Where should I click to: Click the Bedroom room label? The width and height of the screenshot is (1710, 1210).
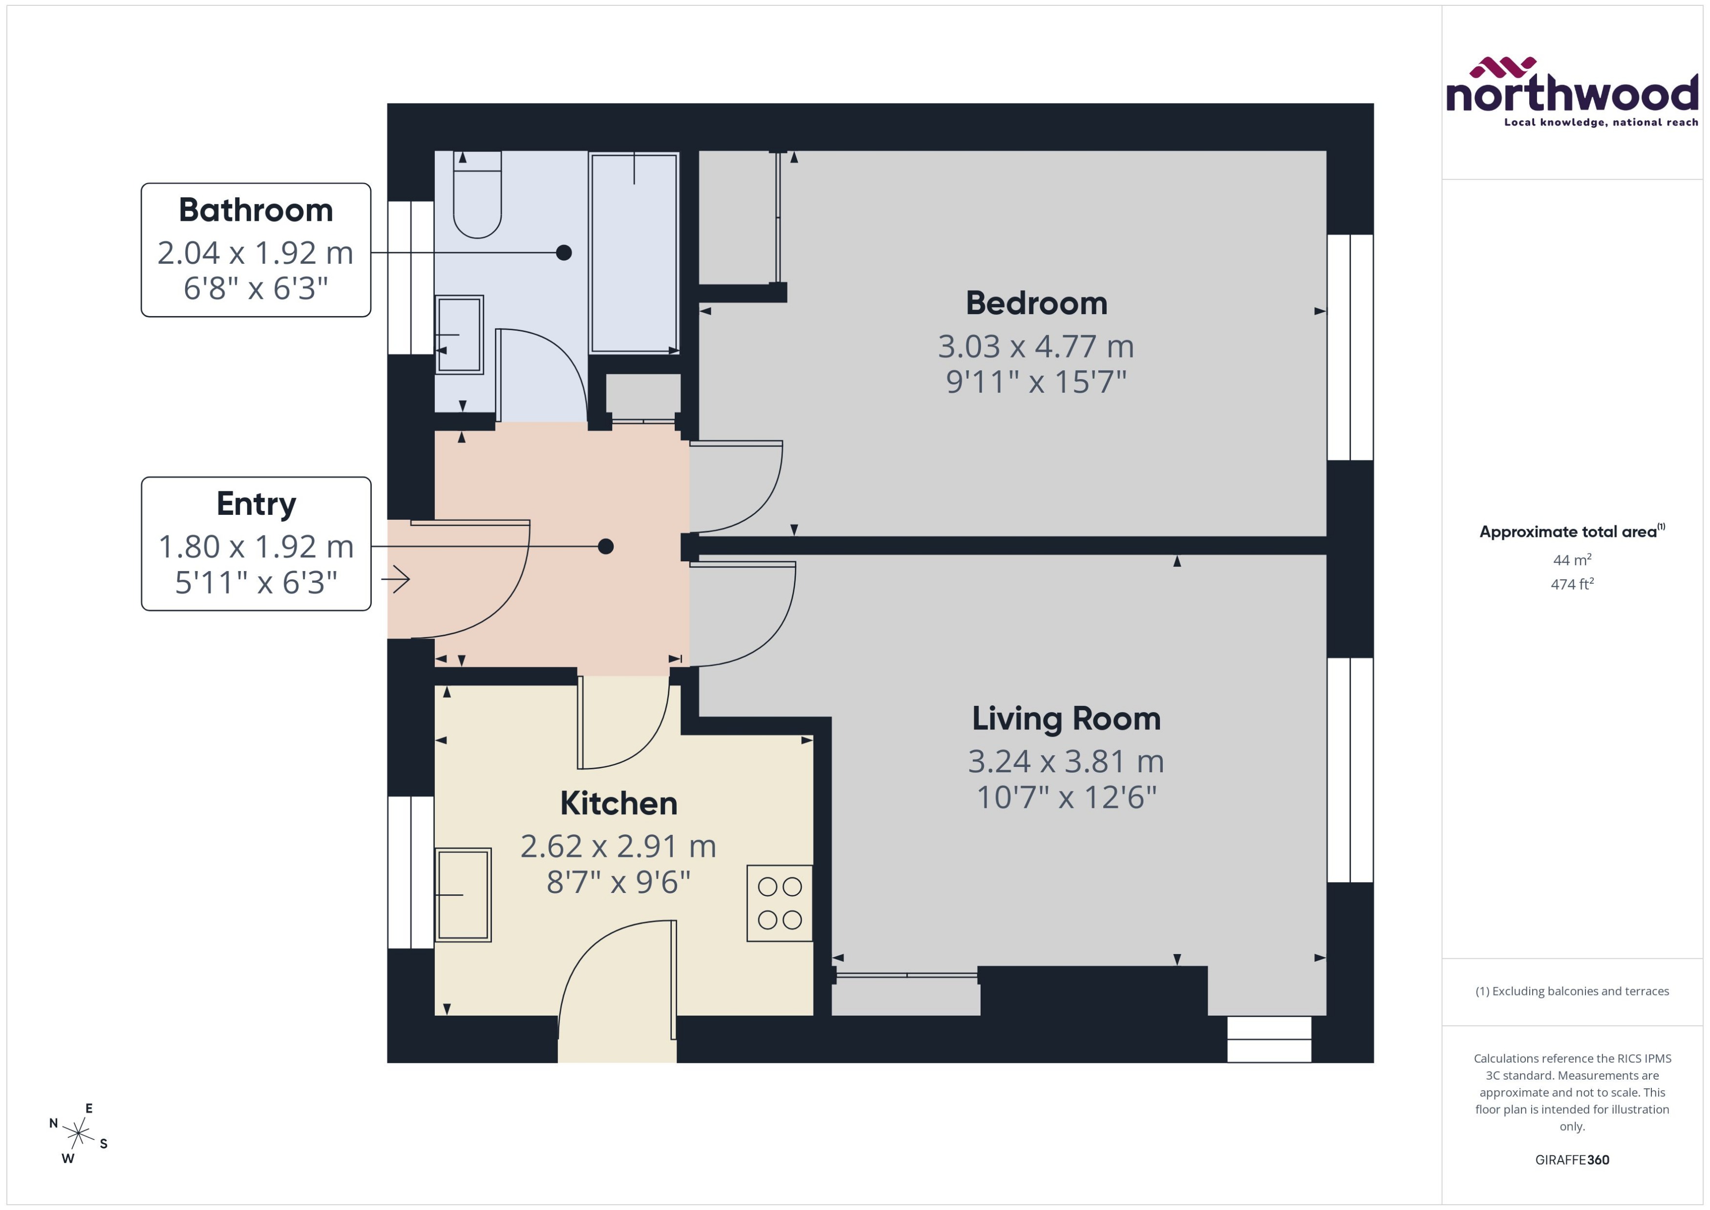[1036, 303]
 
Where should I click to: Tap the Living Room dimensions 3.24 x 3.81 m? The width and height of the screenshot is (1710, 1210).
[1066, 762]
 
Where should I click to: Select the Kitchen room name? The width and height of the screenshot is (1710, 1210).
[619, 803]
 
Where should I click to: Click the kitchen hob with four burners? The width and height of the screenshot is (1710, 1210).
[779, 903]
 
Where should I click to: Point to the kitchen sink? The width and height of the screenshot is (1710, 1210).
[463, 894]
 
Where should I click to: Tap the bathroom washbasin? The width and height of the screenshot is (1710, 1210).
[459, 335]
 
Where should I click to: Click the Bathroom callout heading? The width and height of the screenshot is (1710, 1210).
[256, 210]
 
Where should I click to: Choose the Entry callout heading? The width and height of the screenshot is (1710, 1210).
[256, 504]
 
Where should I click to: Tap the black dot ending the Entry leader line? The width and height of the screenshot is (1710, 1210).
[606, 546]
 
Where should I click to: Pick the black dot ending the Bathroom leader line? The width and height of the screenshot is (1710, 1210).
[564, 253]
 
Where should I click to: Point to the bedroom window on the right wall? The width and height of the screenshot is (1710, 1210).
[1349, 347]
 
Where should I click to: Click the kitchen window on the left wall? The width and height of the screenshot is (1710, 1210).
[410, 872]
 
